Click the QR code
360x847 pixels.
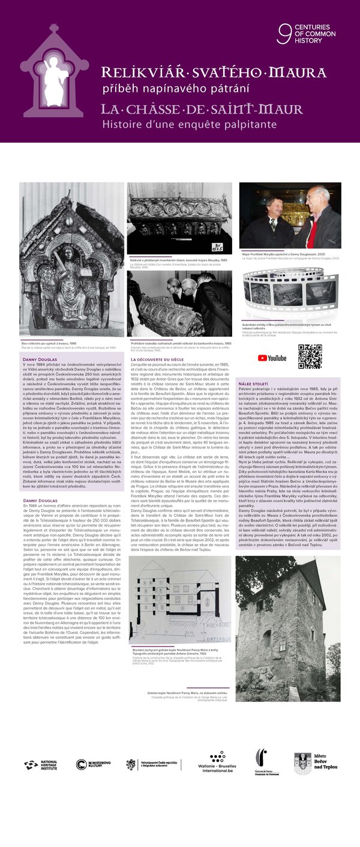click(x=310, y=357)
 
